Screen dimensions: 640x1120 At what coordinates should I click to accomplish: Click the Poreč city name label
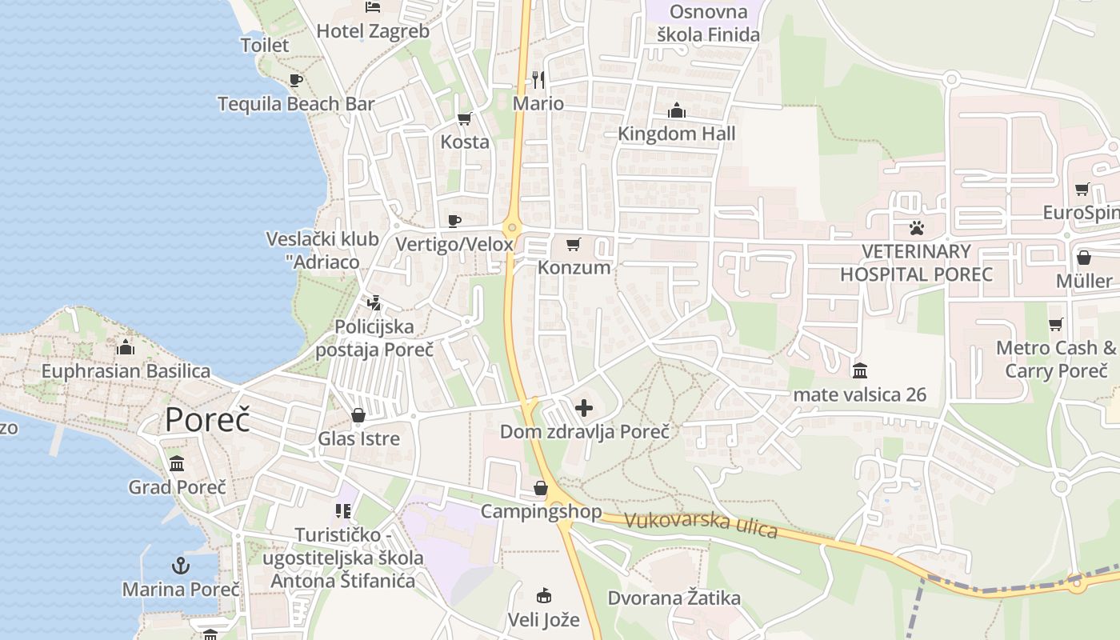(207, 420)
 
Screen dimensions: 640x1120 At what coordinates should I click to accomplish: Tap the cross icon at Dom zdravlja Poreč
(584, 408)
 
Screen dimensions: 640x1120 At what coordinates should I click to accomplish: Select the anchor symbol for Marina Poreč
(181, 566)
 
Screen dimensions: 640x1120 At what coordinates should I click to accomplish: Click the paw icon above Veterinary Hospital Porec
(916, 228)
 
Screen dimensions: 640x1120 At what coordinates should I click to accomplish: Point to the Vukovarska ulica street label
(701, 524)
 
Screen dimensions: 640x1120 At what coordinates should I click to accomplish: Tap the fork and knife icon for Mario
(538, 80)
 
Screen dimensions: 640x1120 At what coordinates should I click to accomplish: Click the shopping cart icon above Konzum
(574, 244)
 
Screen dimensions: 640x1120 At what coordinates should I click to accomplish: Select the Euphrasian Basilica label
(126, 371)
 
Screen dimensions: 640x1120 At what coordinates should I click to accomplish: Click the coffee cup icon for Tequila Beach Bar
(295, 80)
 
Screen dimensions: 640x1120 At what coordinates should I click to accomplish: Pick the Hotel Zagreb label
(373, 31)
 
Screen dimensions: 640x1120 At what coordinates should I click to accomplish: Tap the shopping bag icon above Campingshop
(541, 488)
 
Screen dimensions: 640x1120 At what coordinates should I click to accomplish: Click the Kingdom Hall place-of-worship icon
(677, 110)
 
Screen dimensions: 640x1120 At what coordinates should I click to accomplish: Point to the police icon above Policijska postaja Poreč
(374, 303)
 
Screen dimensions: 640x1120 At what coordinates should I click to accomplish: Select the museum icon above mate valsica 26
(860, 370)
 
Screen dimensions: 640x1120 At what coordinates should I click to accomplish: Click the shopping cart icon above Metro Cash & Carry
(1055, 324)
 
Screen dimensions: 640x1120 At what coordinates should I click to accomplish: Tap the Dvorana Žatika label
(674, 598)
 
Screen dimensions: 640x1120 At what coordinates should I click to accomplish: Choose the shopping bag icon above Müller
(1084, 258)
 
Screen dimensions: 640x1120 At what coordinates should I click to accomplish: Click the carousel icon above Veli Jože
(543, 595)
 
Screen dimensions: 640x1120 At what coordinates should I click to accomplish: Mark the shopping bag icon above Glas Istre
(358, 415)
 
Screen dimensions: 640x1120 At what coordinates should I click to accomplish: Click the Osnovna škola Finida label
(708, 23)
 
